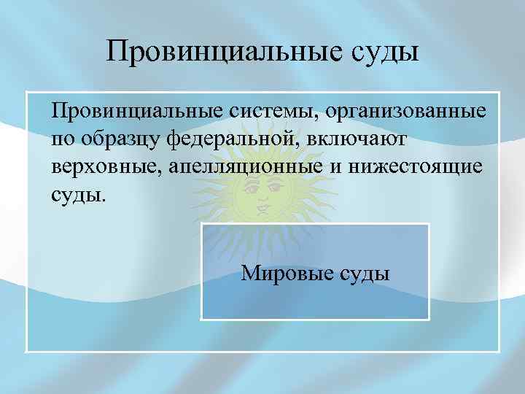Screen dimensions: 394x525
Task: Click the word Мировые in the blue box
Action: tap(287, 274)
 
